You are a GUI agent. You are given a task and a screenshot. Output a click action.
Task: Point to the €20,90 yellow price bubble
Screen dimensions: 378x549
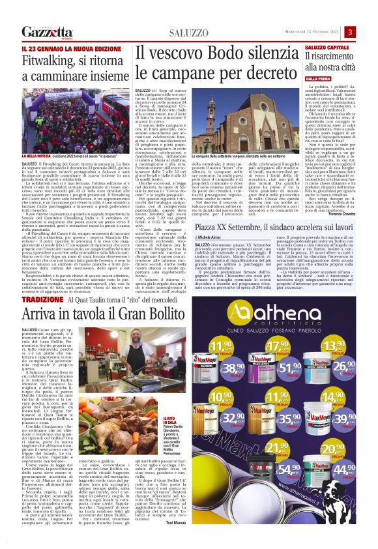tap(332, 450)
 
